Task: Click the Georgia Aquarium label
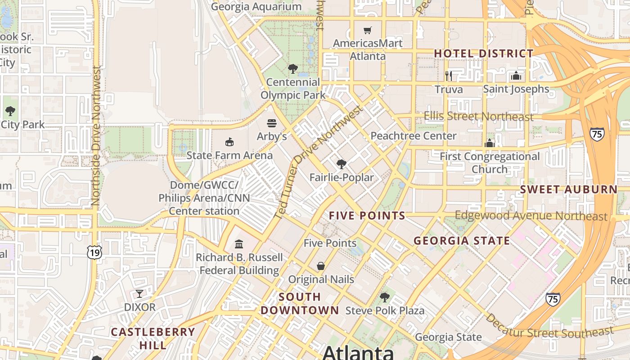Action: (x=256, y=7)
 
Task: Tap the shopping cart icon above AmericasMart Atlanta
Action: (x=368, y=30)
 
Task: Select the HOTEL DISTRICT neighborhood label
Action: (x=484, y=54)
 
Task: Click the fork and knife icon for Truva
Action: (x=448, y=75)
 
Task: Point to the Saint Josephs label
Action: (x=516, y=89)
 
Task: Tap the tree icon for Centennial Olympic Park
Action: (x=293, y=69)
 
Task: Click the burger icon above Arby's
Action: (x=272, y=123)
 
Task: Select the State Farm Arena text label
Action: (x=229, y=156)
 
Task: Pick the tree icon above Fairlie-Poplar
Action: (x=342, y=164)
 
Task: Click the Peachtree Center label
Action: (x=413, y=136)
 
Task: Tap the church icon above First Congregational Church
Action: (x=490, y=143)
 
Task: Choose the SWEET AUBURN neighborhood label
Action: (x=569, y=189)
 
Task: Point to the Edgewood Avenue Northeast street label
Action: (x=531, y=216)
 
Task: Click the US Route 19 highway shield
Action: (x=94, y=253)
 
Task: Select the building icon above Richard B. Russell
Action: (x=239, y=244)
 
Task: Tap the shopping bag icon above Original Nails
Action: (x=321, y=266)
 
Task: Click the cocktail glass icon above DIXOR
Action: (x=139, y=294)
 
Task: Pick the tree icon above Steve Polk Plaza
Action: (x=385, y=297)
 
